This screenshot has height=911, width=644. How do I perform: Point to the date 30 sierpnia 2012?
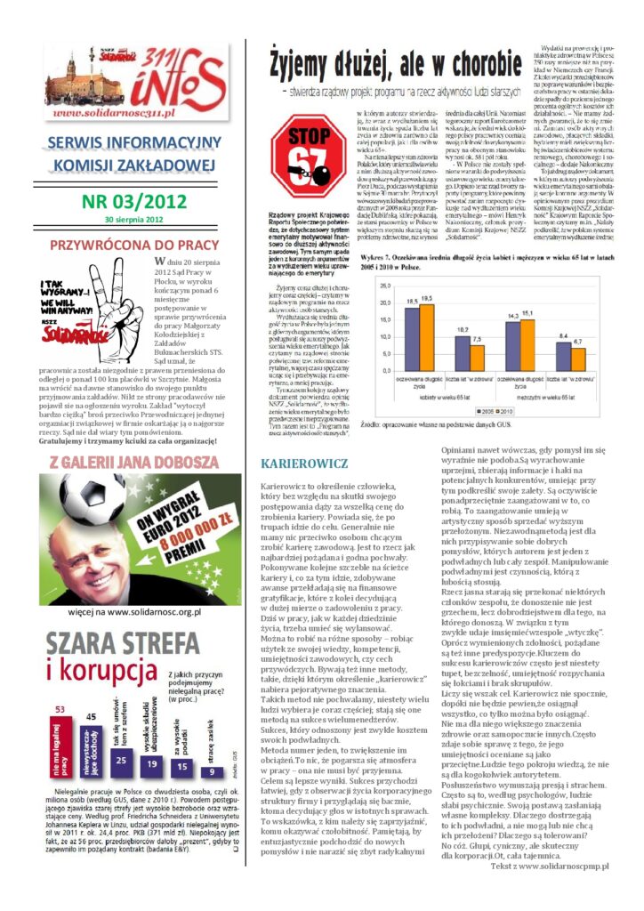point(133,219)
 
